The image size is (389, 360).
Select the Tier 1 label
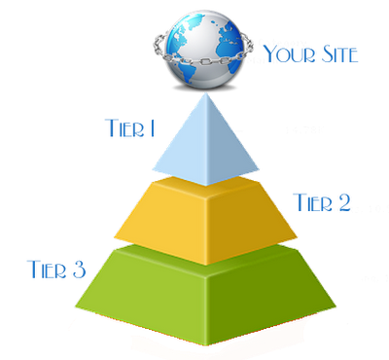[130, 127]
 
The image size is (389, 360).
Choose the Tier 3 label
[57, 269]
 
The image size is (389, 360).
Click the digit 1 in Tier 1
[153, 127]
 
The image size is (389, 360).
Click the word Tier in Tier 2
[312, 202]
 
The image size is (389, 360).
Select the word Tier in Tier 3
[48, 269]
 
